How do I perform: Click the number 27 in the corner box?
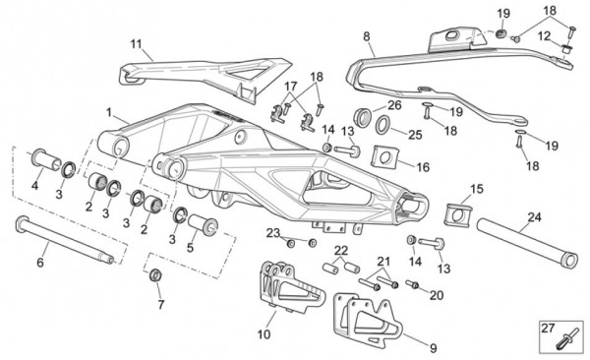pos(548,328)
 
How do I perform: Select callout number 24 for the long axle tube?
pos(534,217)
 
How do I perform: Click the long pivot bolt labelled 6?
pos(65,239)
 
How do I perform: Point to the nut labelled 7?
pos(155,274)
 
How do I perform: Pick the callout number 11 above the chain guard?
pos(136,44)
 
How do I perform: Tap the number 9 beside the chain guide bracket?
pos(434,348)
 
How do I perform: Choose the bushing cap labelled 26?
pos(364,117)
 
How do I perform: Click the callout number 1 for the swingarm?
pos(109,112)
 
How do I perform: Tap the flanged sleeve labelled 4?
pos(45,160)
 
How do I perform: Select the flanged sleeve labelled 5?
pos(204,225)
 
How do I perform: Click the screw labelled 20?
pos(412,284)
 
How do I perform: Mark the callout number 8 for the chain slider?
pos(367,36)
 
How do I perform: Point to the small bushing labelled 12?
pos(565,48)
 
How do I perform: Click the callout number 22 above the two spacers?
pos(341,250)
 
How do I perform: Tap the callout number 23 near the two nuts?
pos(273,233)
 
